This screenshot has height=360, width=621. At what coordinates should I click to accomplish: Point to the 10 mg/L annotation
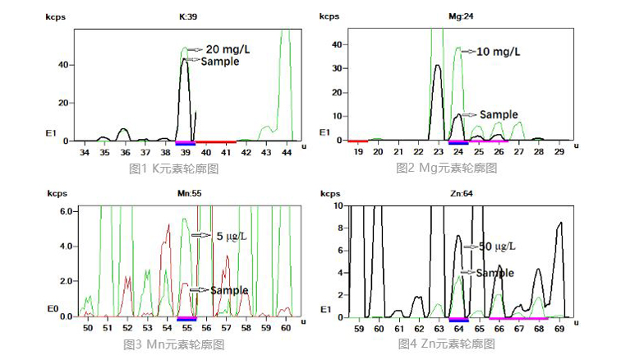click(x=499, y=51)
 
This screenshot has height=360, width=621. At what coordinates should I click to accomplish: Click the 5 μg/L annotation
click(x=232, y=235)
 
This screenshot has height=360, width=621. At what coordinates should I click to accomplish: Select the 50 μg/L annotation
click(x=498, y=246)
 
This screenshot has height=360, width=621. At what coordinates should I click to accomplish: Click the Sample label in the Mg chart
click(x=499, y=114)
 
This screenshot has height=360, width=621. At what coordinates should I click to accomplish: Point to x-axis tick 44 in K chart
click(x=287, y=152)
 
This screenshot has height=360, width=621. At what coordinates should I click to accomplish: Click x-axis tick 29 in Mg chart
click(x=559, y=152)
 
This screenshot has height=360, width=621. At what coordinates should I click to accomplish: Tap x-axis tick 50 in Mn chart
click(x=88, y=327)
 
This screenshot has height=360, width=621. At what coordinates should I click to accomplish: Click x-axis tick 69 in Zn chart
click(x=560, y=328)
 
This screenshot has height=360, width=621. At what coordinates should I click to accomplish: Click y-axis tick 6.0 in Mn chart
click(x=68, y=211)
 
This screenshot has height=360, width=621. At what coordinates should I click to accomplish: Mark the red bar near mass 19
click(x=358, y=141)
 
